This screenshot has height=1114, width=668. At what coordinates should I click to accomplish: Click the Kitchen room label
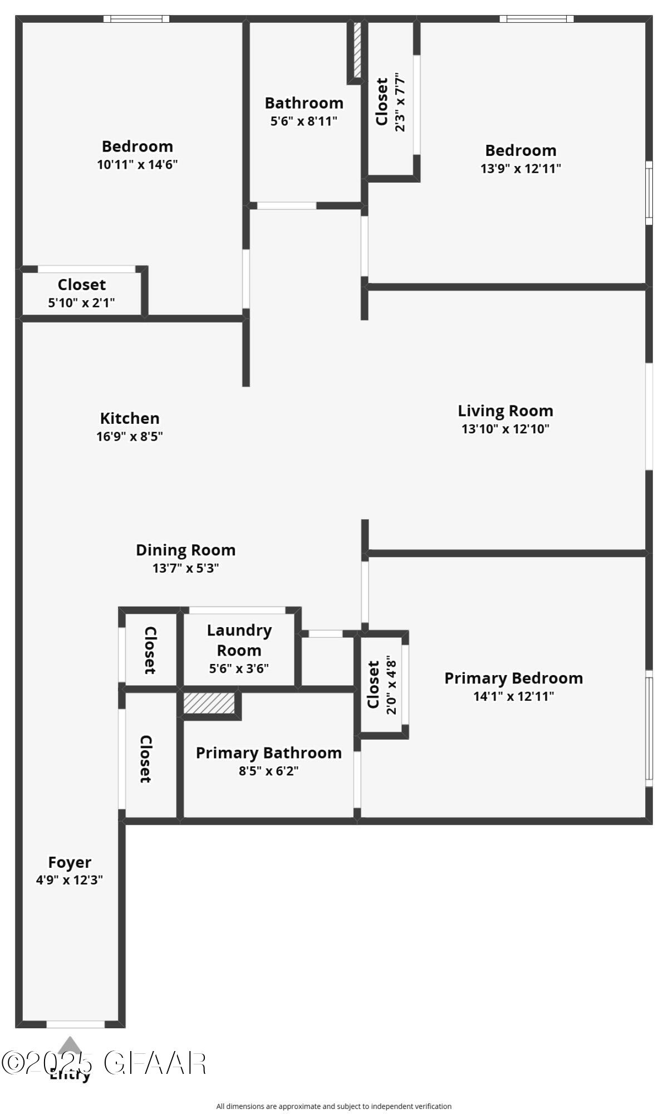click(130, 418)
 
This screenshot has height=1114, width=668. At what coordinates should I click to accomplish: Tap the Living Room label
click(505, 411)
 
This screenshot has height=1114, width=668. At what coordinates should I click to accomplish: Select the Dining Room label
click(185, 550)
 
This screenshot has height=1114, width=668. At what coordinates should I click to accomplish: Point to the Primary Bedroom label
click(513, 678)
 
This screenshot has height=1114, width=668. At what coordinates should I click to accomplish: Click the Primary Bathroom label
click(268, 753)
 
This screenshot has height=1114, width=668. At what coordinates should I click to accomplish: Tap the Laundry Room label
click(239, 640)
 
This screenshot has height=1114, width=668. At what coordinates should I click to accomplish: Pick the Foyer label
click(70, 862)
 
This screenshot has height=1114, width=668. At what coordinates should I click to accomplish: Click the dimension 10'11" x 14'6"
click(137, 164)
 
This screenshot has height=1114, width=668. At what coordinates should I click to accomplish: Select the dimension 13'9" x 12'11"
click(520, 168)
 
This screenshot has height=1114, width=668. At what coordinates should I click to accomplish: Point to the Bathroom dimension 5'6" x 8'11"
click(304, 121)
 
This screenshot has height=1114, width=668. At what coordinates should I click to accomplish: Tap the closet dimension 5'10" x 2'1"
click(81, 303)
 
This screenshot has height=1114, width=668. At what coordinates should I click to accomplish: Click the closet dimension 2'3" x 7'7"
click(400, 102)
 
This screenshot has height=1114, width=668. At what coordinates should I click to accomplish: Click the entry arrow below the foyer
click(69, 1044)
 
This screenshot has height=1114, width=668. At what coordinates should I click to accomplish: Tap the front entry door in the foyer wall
click(75, 1024)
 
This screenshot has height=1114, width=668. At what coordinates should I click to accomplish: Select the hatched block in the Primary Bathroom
click(209, 703)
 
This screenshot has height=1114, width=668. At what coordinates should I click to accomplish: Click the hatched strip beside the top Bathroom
click(357, 50)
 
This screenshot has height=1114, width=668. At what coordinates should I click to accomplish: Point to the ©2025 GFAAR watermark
click(104, 1063)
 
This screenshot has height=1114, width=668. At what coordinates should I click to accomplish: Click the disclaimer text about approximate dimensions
click(333, 1106)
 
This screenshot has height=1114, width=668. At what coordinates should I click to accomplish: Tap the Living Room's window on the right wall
click(649, 417)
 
